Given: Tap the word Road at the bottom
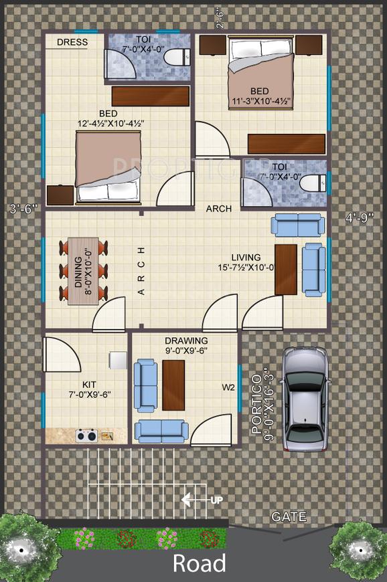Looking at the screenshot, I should coord(199,563).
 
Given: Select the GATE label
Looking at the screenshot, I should coord(289,516).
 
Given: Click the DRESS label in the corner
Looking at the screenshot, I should coord(72,42).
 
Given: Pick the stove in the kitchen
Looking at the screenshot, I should coord(86,435).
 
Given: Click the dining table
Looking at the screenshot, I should coord(84,271).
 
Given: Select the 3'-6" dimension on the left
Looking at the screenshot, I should coord(24,208).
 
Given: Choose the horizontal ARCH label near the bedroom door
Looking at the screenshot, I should coord(218,209).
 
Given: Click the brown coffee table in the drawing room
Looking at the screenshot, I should coord(173,385).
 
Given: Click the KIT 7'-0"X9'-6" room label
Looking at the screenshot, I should coord(89,389).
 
